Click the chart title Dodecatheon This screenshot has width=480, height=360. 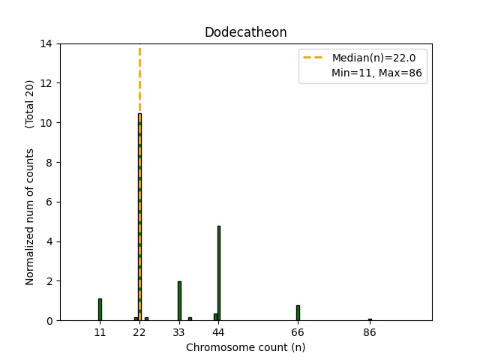click(245, 33)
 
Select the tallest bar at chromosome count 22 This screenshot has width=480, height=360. click(139, 217)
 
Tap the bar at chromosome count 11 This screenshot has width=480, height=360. click(100, 310)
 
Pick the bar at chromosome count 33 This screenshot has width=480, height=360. click(179, 301)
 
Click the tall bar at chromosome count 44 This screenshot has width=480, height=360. click(219, 273)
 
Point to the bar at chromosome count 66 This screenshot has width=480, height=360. click(298, 313)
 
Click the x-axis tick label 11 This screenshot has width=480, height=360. click(100, 331)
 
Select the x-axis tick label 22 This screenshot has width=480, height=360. click(139, 331)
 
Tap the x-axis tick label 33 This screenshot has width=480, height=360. click(179, 331)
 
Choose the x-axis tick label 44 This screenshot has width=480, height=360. click(218, 331)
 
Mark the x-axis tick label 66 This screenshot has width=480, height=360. click(298, 331)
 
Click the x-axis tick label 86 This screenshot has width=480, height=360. click(370, 331)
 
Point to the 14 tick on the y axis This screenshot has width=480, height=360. click(46, 43)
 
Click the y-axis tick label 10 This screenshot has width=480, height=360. click(46, 123)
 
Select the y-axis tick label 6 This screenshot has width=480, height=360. click(49, 202)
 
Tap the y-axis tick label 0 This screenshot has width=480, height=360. click(49, 321)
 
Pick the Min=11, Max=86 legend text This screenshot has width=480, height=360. click(379, 73)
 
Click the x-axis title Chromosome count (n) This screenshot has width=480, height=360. click(245, 347)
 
